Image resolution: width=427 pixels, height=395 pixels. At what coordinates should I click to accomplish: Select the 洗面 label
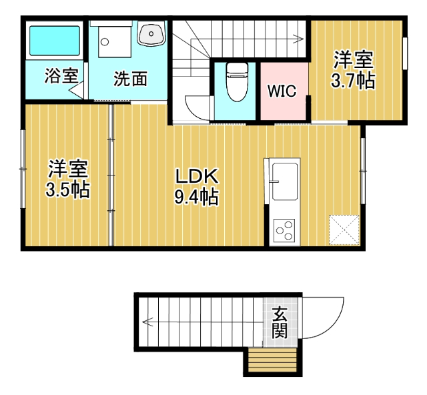point(130,79)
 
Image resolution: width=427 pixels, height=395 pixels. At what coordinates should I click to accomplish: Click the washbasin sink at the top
point(151,33)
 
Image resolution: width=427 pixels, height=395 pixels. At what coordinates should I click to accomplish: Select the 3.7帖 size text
point(353,81)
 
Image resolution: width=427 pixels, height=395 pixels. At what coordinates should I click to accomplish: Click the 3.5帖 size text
point(67,189)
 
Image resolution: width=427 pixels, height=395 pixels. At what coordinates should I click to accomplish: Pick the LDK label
point(196,176)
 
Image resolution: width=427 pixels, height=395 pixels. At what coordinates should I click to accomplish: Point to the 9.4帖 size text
point(196,197)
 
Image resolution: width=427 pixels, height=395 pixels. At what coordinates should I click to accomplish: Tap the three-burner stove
point(285,231)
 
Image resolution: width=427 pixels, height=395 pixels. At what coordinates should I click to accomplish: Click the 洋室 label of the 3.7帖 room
point(353,60)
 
